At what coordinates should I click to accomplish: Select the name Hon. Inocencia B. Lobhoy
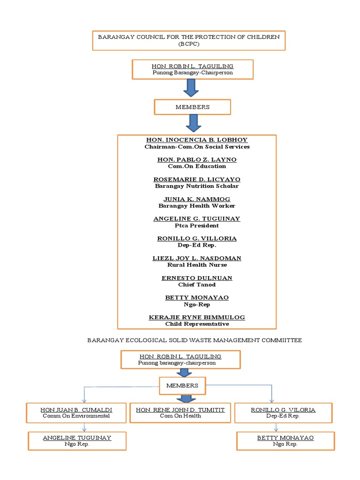[197, 140]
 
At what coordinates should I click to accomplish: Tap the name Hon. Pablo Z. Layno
[197, 159]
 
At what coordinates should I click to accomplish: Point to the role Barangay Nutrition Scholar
[197, 186]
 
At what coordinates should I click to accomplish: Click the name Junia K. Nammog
[197, 199]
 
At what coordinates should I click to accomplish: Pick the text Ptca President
[197, 225]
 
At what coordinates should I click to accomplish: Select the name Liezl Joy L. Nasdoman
[197, 258]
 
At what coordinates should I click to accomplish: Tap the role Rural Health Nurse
[197, 265]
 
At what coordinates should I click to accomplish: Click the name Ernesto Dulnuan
[197, 278]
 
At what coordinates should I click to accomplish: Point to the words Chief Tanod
[197, 285]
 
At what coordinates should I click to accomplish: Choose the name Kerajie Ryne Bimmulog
[197, 317]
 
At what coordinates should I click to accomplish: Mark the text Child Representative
[197, 324]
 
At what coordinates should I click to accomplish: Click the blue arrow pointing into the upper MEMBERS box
[191, 88]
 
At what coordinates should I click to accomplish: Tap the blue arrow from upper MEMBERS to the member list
[193, 123]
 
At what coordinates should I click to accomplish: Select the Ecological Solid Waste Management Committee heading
[195, 340]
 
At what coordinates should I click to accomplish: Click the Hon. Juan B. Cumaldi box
[76, 412]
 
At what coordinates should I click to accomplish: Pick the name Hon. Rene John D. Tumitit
[180, 410]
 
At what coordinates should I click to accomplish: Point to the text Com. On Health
[180, 416]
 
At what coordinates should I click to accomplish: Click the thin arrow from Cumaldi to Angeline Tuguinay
[84, 427]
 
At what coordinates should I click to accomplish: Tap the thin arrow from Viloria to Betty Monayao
[277, 427]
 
